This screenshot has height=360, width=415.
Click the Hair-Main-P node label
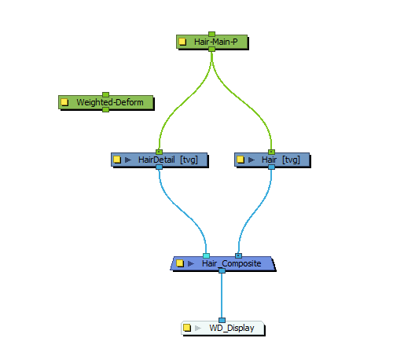coord(215,42)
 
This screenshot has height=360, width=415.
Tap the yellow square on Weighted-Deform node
coord(65,102)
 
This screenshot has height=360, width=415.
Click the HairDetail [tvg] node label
coord(167,160)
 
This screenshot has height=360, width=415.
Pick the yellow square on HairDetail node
coord(117,160)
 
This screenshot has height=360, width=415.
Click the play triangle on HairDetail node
coord(128,160)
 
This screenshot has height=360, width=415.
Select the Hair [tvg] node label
coord(280,160)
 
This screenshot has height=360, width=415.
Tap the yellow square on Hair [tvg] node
coord(241,160)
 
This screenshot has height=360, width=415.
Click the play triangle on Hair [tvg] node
coord(252,160)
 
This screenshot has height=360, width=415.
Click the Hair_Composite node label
coord(231,263)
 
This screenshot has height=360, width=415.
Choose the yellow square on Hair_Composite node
coord(179,263)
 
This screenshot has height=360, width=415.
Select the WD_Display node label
coord(231,328)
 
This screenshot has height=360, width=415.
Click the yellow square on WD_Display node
coord(187,328)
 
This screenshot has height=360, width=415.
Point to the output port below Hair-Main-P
coord(211,49)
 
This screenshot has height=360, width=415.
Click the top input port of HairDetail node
coord(159,152)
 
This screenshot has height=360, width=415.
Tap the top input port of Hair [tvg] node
coord(271,152)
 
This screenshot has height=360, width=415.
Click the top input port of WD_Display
coord(222,320)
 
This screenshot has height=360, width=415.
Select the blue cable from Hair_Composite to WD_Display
coord(222,296)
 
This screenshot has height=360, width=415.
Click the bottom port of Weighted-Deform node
coord(105,109)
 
